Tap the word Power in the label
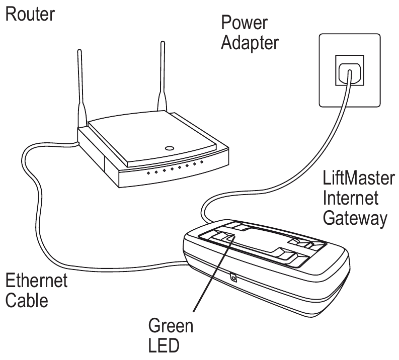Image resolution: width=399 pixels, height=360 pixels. (x=243, y=23)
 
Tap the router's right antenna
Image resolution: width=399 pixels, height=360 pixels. (x=163, y=75)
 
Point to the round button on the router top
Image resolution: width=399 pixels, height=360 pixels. (x=170, y=148)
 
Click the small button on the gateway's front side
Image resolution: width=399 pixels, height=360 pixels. (x=232, y=277)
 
